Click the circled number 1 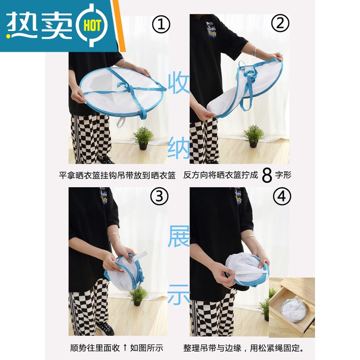tap(161, 25)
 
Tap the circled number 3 tap(162, 196)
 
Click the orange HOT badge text tap(93, 26)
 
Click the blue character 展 tap(179, 237)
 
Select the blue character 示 tap(179, 295)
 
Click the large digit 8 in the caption tap(267, 175)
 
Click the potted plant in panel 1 tap(143, 138)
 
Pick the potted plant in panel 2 tap(254, 135)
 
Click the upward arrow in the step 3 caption tap(126, 347)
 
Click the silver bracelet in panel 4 tap(249, 238)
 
